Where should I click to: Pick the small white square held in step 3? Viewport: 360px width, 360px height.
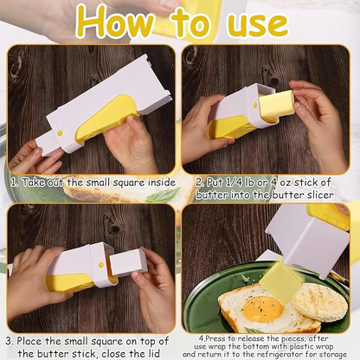click(126, 260)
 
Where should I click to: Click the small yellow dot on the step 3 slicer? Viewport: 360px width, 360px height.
click(100, 257)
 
